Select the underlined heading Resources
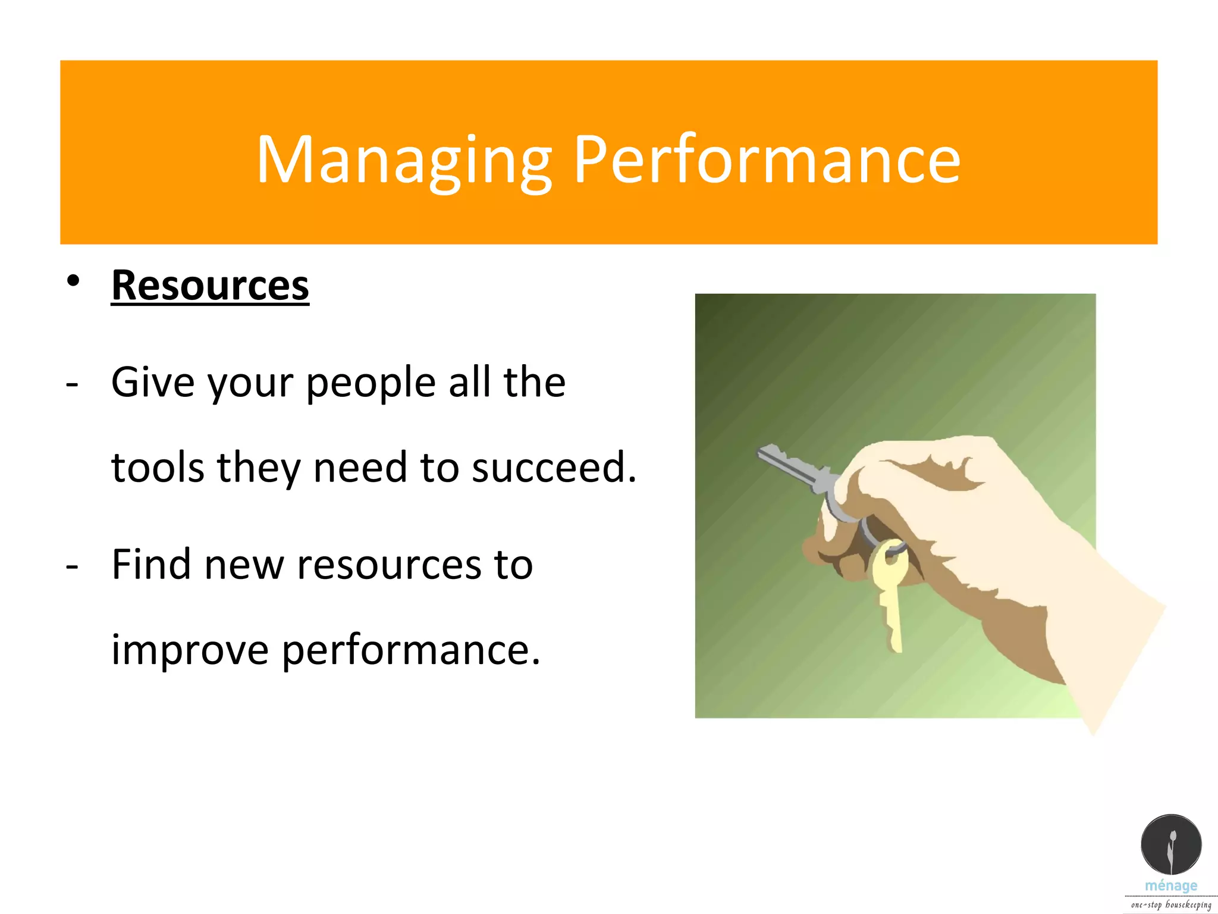(210, 286)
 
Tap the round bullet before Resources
(73, 281)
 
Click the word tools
(158, 468)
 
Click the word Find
(150, 564)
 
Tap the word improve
(190, 650)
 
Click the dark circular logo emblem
(1170, 844)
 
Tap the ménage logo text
(1170, 885)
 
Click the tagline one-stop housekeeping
(1170, 904)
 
